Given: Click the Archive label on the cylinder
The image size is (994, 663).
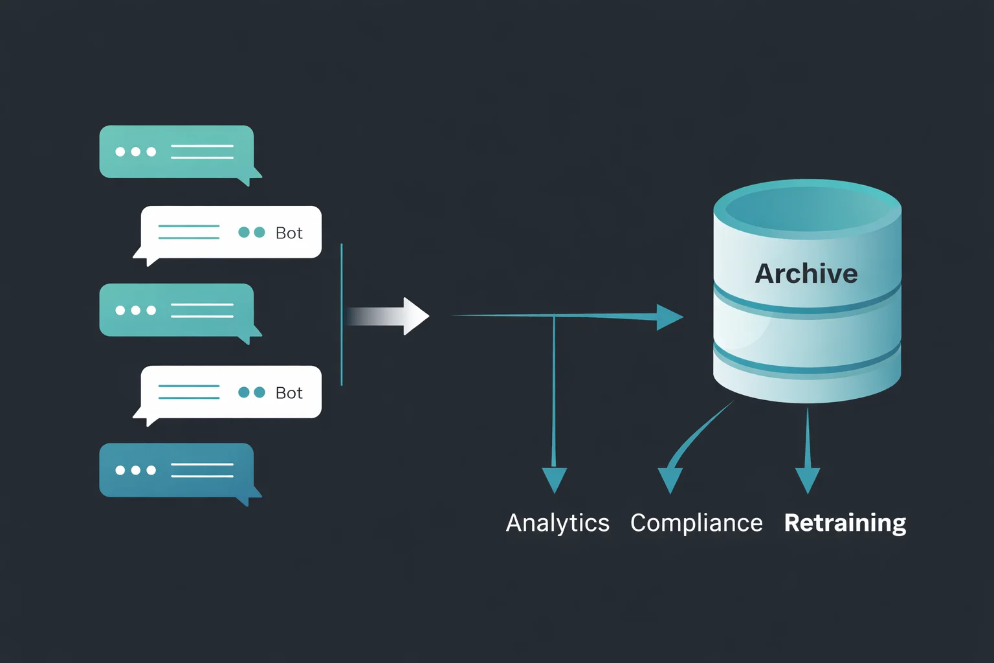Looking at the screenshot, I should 806,274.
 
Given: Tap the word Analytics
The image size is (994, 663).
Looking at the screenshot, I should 557,523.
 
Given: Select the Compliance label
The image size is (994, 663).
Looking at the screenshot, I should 696,523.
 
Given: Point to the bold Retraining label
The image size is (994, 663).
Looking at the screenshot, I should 845,523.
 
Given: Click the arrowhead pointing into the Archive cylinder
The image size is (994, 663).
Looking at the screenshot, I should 669,317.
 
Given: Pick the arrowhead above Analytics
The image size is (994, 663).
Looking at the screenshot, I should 555,480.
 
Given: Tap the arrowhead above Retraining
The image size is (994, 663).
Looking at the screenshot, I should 808,480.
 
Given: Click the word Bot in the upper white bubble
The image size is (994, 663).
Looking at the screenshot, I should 289,233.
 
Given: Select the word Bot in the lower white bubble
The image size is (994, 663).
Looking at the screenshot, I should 289,393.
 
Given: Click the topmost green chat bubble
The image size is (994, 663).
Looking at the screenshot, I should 176,152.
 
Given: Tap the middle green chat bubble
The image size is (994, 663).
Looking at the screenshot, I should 176,310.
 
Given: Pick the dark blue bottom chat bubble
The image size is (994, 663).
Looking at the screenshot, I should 176,470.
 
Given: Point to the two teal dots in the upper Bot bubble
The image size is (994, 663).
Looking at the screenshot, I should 252,232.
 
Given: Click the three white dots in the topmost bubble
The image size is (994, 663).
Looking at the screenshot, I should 135,152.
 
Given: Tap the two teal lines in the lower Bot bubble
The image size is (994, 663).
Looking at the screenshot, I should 189,392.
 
